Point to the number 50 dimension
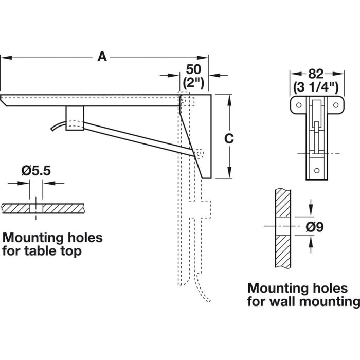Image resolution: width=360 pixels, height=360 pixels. [192, 68]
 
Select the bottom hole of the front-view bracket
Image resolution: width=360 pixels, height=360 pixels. [316, 170]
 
